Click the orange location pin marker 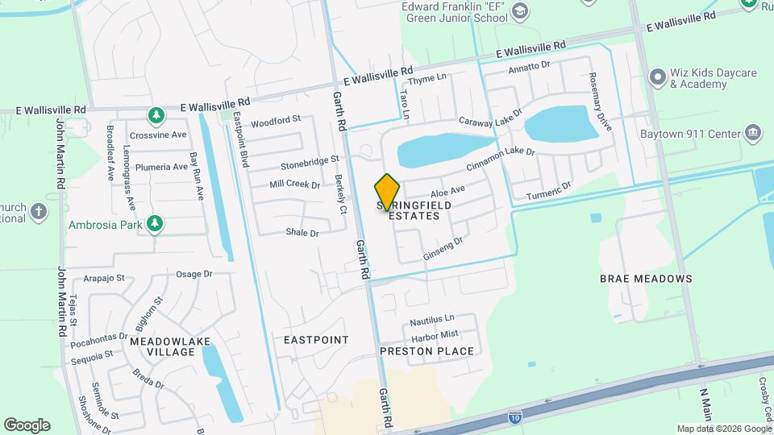click(388, 193)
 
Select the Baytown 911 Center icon click(753, 132)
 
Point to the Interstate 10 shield click(514, 416)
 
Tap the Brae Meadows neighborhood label click(646, 279)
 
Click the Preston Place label click(427, 351)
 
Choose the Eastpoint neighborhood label click(316, 340)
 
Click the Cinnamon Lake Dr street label click(501, 159)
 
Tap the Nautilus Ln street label click(432, 319)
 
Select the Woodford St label click(276, 122)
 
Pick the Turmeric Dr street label click(548, 192)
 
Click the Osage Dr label click(193, 274)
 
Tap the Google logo click(27, 425)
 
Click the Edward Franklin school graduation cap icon click(521, 10)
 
